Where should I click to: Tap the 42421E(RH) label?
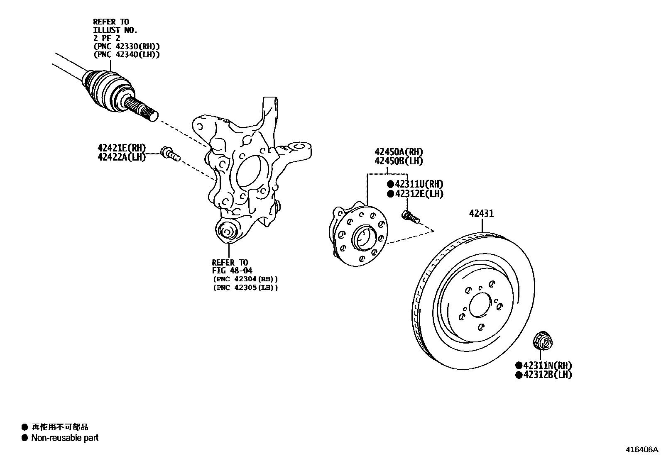pos(121,148)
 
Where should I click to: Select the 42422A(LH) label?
pos(121,157)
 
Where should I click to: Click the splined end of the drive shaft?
pos(144,109)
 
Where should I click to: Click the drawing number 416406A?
pos(642,449)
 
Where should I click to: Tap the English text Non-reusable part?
pos(65,437)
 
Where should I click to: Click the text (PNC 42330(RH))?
pos(127,46)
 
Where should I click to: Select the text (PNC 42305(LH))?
pos(245,287)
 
